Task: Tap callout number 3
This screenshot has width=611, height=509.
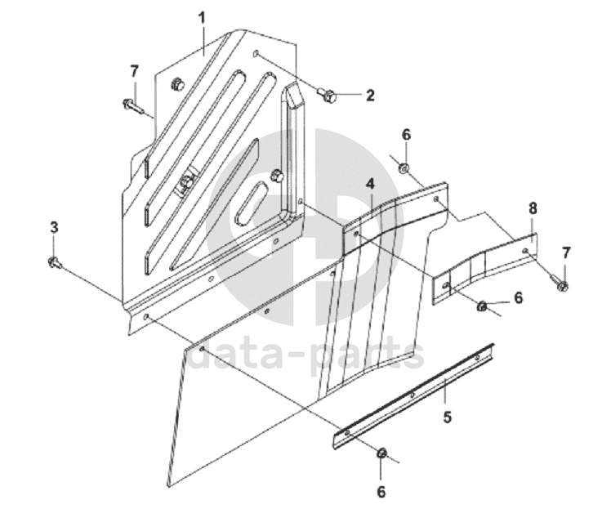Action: point(54,226)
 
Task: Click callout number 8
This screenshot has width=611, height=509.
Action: point(533,208)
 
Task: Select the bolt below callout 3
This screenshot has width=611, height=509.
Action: point(55,262)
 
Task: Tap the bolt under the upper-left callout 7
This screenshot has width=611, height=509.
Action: point(133,105)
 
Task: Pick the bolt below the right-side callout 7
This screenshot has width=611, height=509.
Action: point(561,283)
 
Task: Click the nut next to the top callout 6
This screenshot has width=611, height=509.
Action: point(404,167)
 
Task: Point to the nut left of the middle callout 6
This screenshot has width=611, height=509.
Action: point(482,306)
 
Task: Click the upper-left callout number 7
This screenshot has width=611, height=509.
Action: point(134,71)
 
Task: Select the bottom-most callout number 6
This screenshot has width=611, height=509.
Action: point(381,492)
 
